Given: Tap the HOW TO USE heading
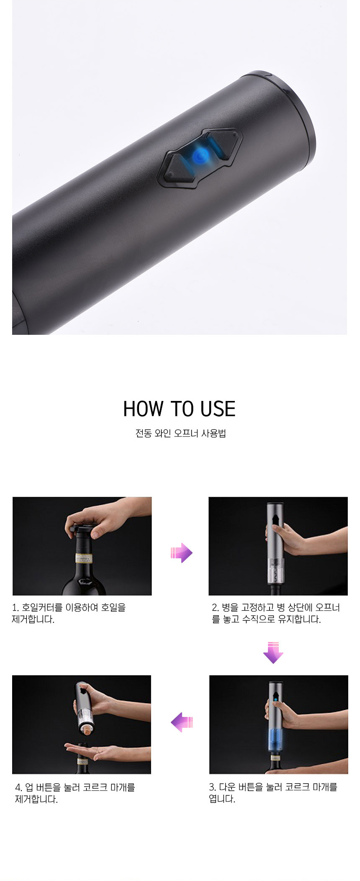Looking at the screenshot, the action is click(180, 409).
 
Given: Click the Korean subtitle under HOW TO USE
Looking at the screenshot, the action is click(180, 433).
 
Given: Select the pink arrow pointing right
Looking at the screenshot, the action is click(181, 553).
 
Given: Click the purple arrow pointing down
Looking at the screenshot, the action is click(273, 652).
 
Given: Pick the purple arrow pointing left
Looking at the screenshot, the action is click(182, 722).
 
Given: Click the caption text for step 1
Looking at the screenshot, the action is click(69, 613).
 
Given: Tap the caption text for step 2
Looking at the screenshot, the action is click(276, 613).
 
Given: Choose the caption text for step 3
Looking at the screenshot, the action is click(273, 793).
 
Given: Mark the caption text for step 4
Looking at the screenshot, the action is click(75, 793).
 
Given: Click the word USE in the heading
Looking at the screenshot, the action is click(218, 409).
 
